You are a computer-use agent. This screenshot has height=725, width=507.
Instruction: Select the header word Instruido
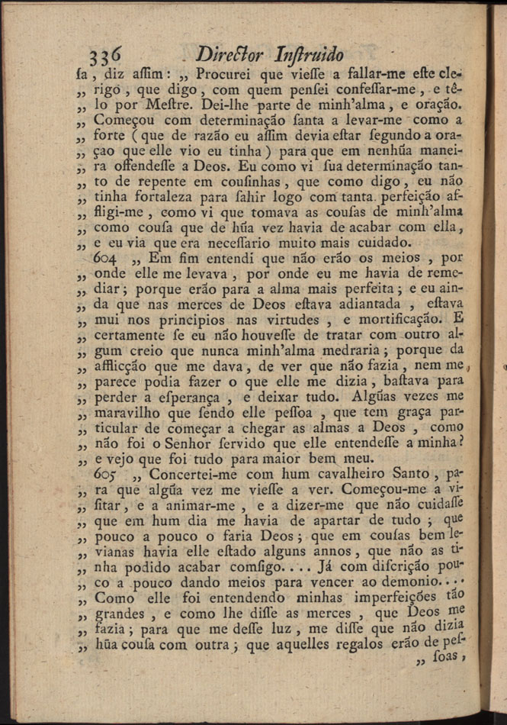coord(307,55)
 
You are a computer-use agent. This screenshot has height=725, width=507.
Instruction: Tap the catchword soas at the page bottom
coord(458,665)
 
